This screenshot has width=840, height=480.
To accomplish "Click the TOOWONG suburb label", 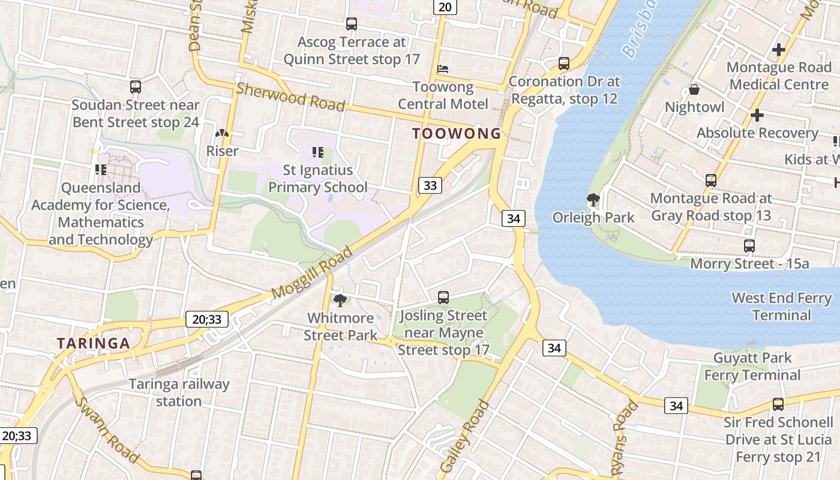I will pos(457,134).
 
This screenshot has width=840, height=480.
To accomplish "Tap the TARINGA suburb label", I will pos(93,343).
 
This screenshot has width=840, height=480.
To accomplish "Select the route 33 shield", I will pos(430,185).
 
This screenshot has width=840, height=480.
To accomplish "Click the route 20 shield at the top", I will pos(445,7).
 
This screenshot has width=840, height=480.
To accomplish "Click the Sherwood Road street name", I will pos(290,97).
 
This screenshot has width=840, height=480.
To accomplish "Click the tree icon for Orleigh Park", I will pos(593,199).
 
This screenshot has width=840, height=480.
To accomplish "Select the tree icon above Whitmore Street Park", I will pos(340,300).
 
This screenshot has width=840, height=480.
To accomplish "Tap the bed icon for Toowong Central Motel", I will pos(443,69).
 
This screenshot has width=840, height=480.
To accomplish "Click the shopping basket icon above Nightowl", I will pos(694,90).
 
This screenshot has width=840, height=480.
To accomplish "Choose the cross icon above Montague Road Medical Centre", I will pos(779,49).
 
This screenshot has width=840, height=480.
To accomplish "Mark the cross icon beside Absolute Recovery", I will pos(757,115).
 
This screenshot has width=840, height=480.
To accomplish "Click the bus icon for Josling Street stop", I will pos(443,297).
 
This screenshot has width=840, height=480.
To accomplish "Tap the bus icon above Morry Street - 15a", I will pos(749,245).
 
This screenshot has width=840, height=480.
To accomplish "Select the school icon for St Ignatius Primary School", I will pos(318,152).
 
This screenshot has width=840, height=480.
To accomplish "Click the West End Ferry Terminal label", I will pos(781,306).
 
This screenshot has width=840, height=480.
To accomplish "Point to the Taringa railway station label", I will pos(179,392).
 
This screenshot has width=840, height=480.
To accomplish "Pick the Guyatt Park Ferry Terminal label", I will pos(752,367).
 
